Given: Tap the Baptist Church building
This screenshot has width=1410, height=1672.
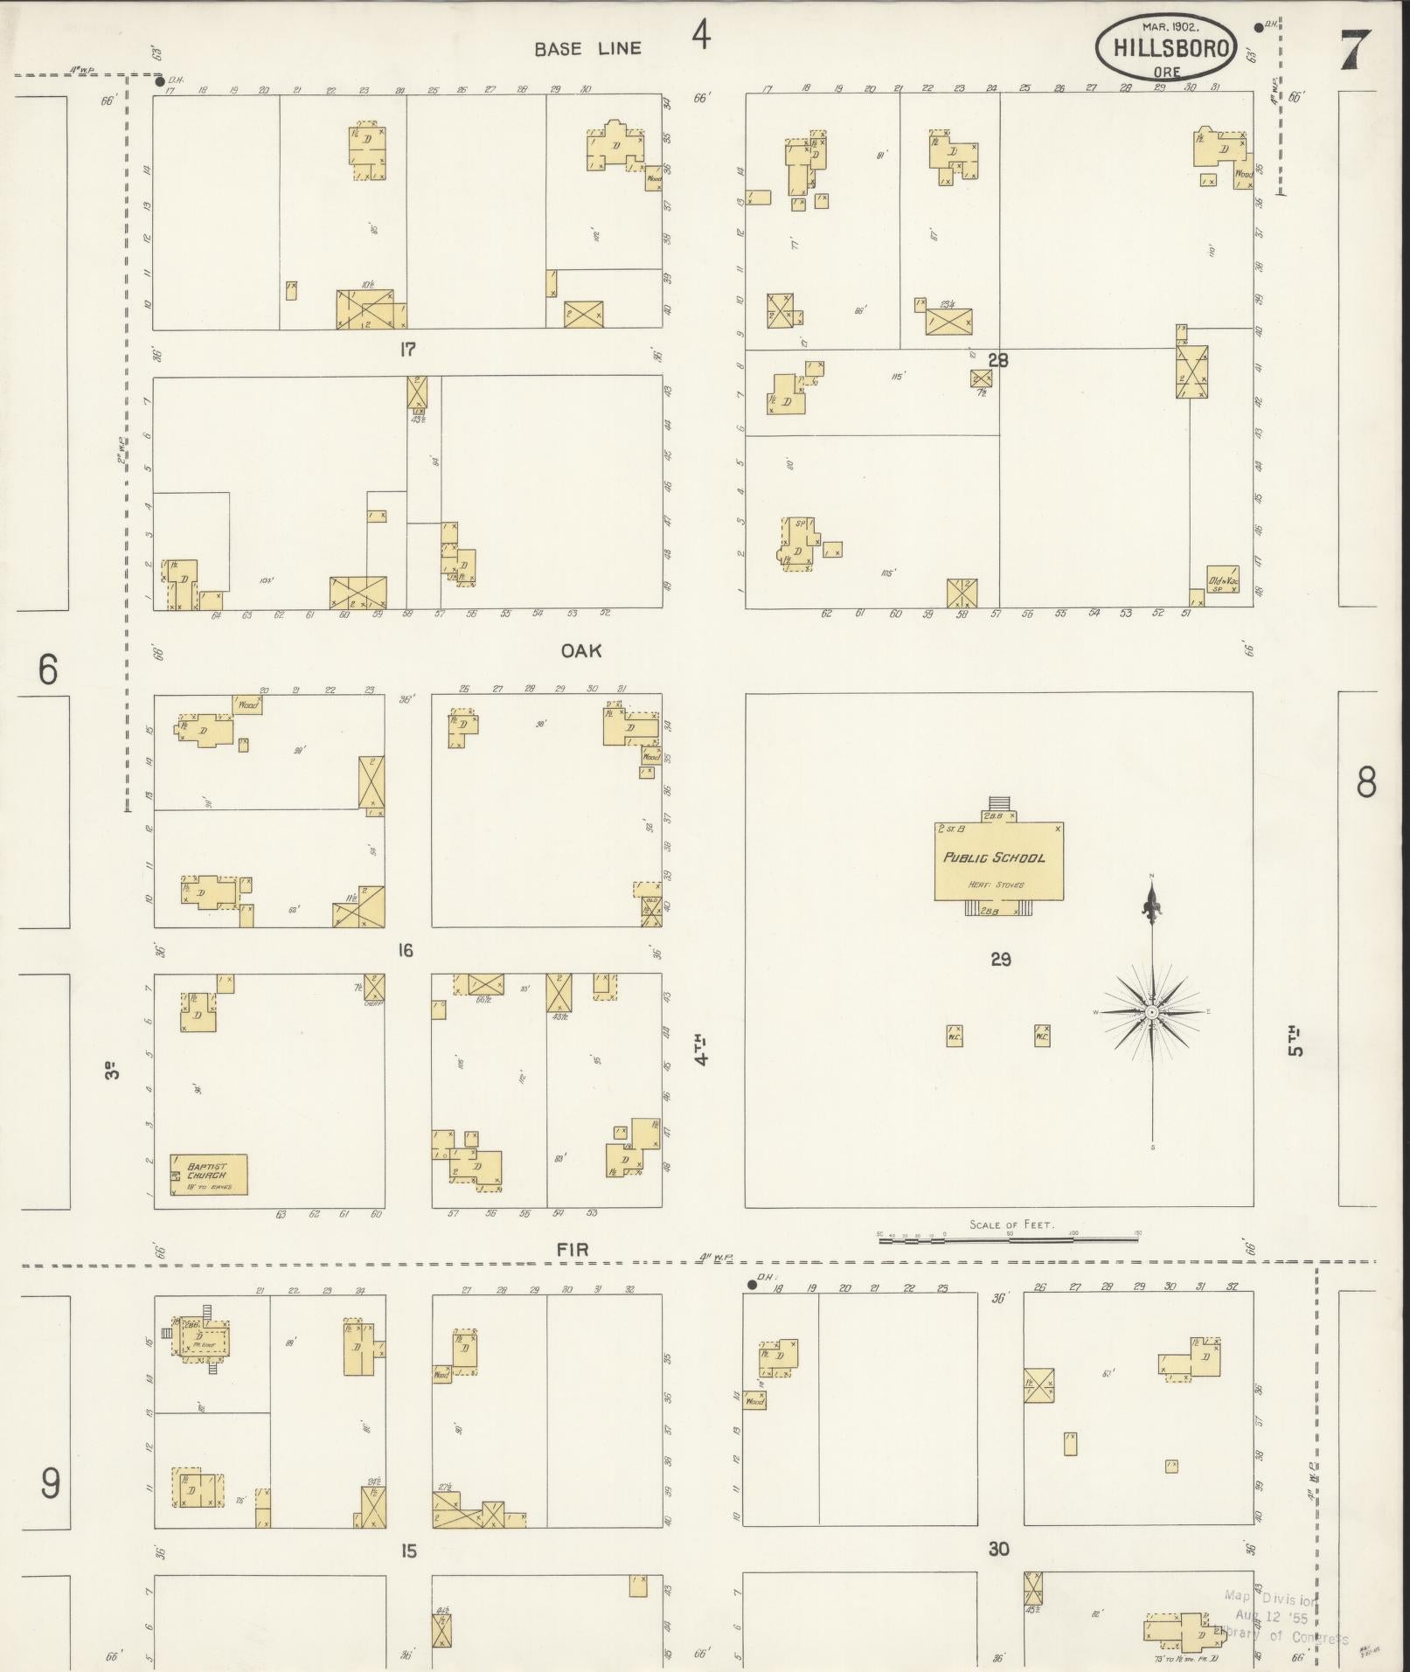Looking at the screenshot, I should [x=208, y=1174].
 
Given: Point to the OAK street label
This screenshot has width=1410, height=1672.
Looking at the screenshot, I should [x=581, y=650].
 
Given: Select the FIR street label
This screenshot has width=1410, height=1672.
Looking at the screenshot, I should [x=573, y=1250].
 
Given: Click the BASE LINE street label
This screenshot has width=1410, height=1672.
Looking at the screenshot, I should [x=588, y=49].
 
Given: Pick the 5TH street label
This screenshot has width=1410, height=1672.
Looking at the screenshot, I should [x=1296, y=1040].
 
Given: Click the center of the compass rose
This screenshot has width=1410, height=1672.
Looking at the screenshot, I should [x=1152, y=1011].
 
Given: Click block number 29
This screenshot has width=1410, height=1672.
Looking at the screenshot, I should [x=1000, y=960].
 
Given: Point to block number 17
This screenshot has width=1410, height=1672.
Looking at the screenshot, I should [x=406, y=350].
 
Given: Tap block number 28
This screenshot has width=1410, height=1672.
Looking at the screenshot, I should [x=997, y=359].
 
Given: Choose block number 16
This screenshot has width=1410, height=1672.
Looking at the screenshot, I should [x=405, y=950].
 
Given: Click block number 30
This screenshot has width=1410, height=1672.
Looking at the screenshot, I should [x=998, y=1549].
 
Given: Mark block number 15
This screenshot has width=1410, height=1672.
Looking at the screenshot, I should [x=408, y=1551].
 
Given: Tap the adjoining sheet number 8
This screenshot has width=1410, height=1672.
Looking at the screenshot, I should [x=1366, y=782].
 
